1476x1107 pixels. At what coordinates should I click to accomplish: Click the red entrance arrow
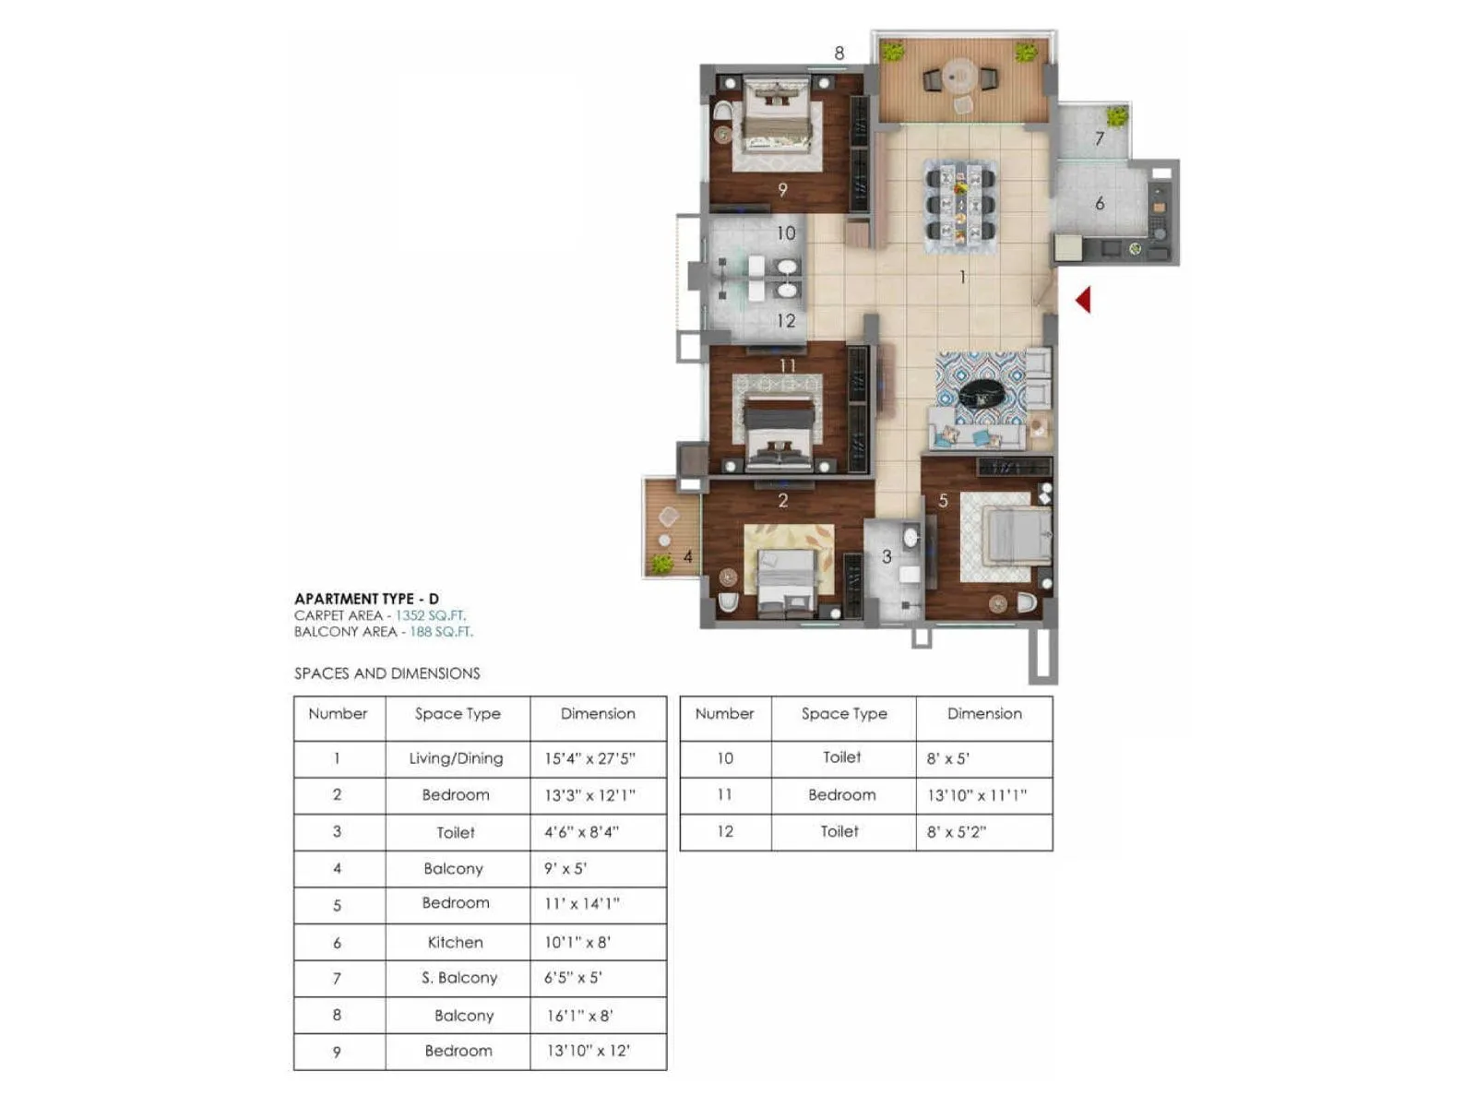1084,300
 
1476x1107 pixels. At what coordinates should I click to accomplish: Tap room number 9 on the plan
782,190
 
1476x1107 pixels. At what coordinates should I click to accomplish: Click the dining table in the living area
960,205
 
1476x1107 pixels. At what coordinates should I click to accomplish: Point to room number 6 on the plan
1100,204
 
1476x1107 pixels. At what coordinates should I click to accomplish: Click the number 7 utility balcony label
1099,139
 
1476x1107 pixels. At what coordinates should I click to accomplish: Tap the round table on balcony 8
960,73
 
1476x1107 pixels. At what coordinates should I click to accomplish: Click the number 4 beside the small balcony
687,556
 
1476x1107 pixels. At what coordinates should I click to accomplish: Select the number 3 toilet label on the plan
887,556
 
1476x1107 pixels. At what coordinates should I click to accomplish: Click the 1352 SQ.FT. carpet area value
430,615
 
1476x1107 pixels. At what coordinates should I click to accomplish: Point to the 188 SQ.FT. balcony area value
441,632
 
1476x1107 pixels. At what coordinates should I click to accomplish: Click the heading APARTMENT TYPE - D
366,599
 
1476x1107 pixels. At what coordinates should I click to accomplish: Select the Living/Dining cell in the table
456,758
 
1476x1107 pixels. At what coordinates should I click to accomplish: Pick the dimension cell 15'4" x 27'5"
589,758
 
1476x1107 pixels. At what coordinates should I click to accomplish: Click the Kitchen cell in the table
455,942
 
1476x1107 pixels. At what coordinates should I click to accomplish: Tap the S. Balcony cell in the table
458,978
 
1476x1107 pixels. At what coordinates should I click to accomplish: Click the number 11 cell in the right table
724,794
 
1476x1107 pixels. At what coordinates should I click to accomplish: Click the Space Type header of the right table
843,714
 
